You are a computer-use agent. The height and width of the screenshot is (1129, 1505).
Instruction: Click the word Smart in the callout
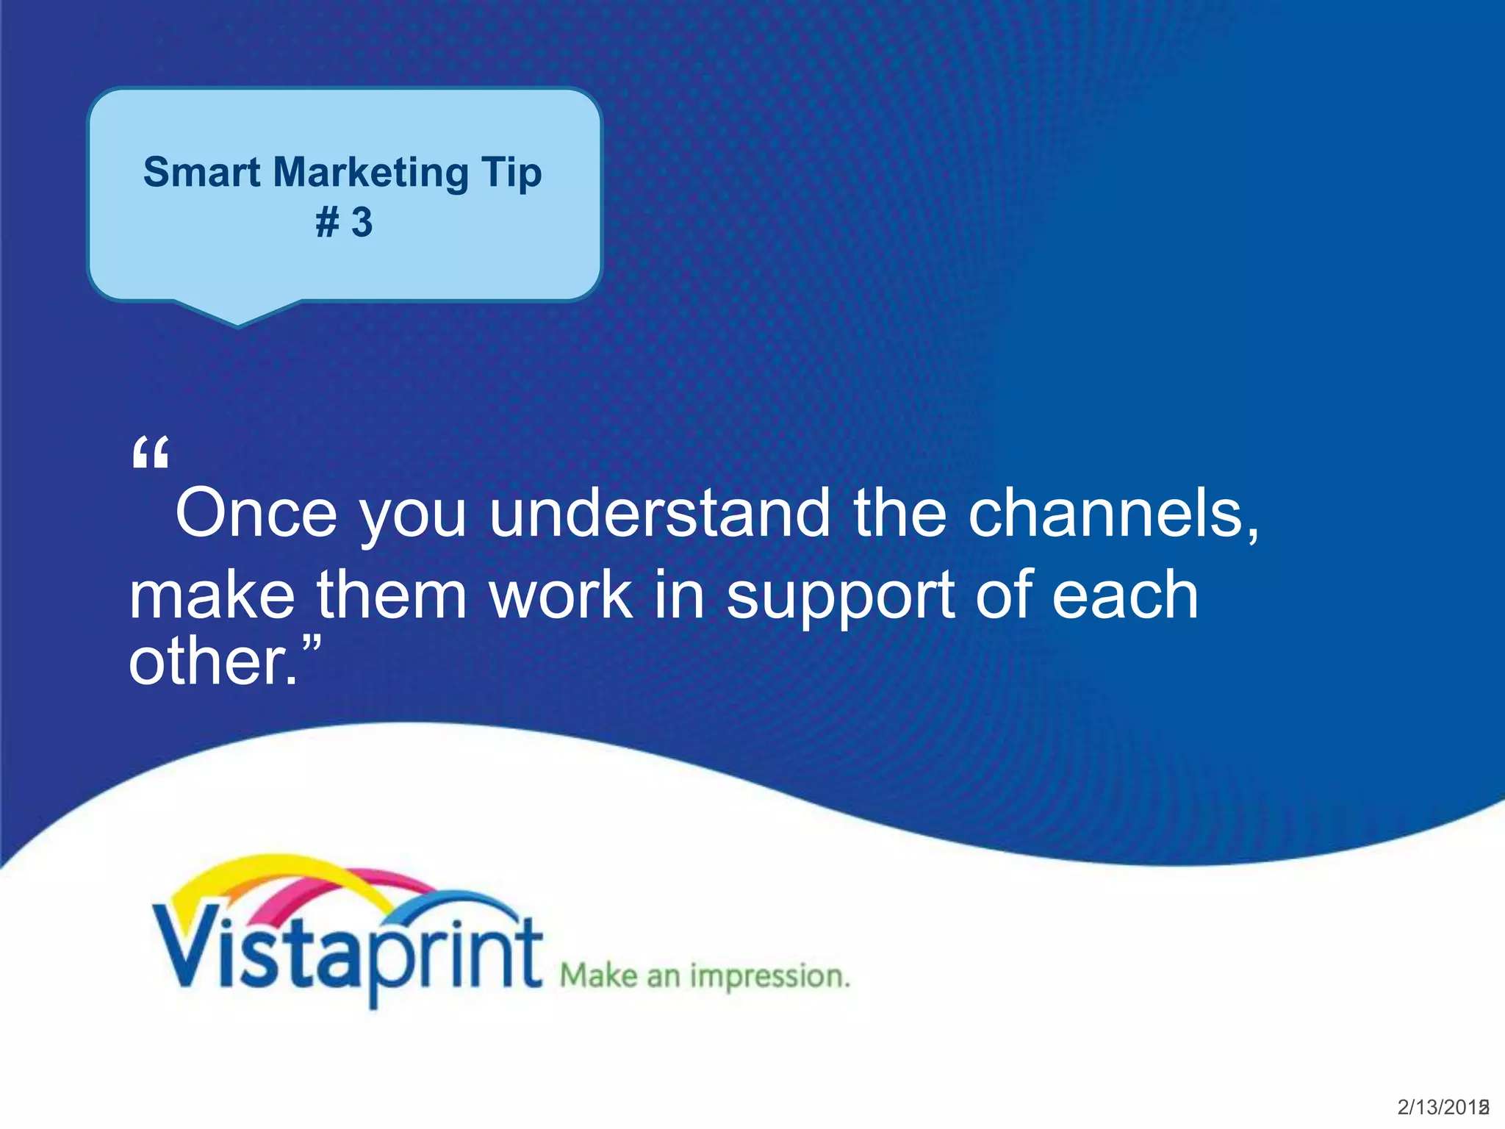click(x=201, y=173)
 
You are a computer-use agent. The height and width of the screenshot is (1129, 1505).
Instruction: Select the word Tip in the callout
click(x=511, y=174)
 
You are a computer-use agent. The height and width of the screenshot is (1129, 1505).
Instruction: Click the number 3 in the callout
click(x=362, y=222)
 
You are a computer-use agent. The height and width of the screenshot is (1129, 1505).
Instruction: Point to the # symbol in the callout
click(x=327, y=222)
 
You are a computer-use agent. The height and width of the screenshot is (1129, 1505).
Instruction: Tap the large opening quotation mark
click(x=151, y=452)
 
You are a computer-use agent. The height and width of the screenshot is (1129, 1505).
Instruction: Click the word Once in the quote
click(x=256, y=513)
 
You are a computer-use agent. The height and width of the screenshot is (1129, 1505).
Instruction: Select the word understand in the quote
click(x=659, y=513)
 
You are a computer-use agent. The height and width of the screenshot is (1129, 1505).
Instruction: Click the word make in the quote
click(x=212, y=595)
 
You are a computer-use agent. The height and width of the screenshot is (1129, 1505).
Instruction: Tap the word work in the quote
click(x=561, y=595)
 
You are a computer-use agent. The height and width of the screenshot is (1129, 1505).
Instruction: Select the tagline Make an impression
click(x=704, y=976)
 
